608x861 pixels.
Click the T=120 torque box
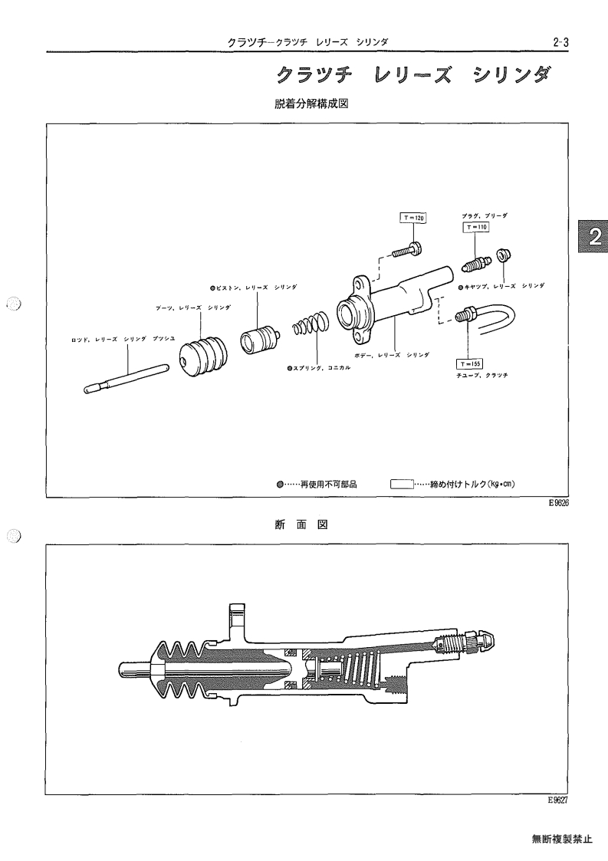[413, 218]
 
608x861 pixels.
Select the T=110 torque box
[475, 227]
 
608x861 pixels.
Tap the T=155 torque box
[469, 363]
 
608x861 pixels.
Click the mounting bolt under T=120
[408, 251]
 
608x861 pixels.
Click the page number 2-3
[560, 42]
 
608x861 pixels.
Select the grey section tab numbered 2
[593, 237]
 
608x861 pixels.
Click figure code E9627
[557, 800]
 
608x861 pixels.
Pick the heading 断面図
[301, 525]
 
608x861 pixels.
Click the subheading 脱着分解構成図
[311, 104]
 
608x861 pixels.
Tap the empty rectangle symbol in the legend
[402, 485]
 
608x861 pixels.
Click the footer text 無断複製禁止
[562, 839]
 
